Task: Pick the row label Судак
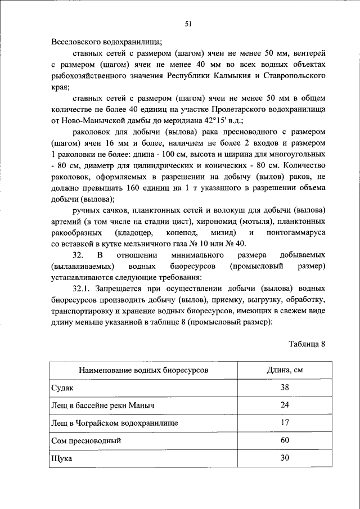click(61, 388)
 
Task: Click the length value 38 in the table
click(285, 388)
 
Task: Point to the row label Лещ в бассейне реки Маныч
click(102, 406)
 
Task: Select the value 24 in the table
click(285, 405)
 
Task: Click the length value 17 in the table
click(285, 422)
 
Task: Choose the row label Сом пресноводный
click(86, 440)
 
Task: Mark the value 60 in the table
click(285, 440)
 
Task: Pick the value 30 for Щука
click(285, 458)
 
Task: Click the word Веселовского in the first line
click(76, 42)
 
